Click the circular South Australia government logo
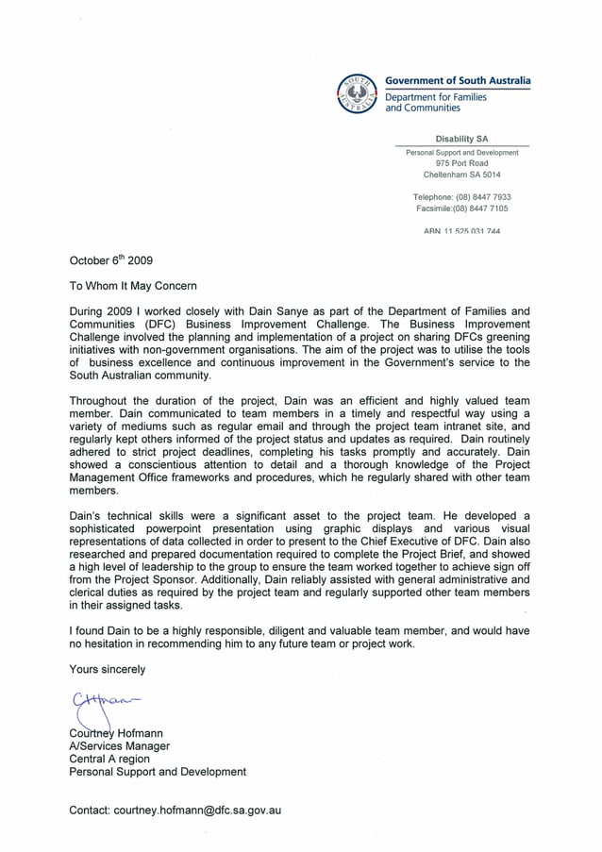click(358, 93)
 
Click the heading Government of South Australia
click(457, 81)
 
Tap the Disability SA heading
click(461, 139)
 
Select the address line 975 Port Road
click(461, 163)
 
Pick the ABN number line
click(461, 231)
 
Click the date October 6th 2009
click(105, 260)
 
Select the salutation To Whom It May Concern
click(133, 285)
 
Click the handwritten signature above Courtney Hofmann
click(99, 702)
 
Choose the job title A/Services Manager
click(119, 745)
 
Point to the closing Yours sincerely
click(108, 669)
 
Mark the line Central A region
click(109, 759)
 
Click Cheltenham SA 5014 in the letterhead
click(461, 175)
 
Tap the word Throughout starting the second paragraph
click(103, 400)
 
